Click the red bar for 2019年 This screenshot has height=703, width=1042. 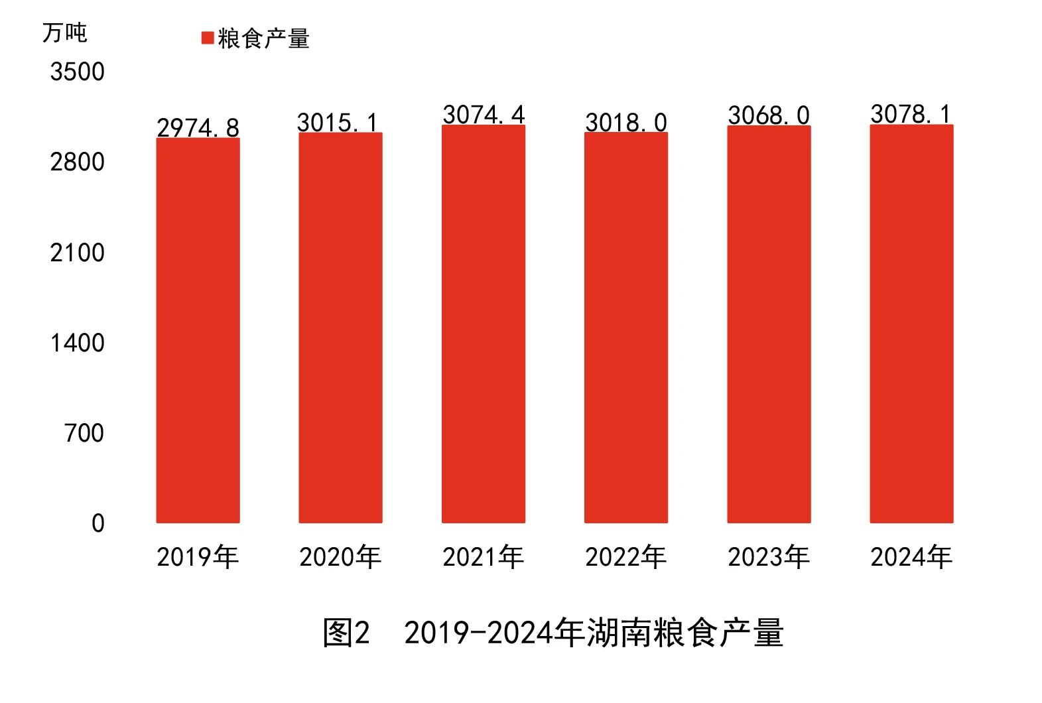click(198, 330)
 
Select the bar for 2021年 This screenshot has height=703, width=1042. click(483, 324)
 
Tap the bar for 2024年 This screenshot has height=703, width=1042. click(911, 324)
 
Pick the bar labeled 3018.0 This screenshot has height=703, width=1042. click(625, 328)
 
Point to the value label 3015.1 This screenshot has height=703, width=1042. click(338, 123)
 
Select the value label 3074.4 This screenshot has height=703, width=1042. click(484, 115)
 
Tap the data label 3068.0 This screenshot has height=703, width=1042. click(769, 115)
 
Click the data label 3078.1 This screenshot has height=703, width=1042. click(911, 114)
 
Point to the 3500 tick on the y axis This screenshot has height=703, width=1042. click(77, 72)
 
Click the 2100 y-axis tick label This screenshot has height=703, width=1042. click(77, 253)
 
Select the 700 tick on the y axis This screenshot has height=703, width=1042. click(84, 433)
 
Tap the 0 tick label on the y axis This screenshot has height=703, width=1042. click(98, 523)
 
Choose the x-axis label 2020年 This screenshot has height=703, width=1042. click(340, 557)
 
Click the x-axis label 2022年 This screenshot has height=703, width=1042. click(625, 557)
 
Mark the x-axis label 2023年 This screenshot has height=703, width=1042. click(769, 557)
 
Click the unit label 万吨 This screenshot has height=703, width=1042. click(64, 32)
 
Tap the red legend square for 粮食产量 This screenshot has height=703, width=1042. click(208, 38)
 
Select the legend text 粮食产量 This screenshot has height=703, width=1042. click(263, 38)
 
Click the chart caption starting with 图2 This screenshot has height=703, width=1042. click(553, 633)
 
